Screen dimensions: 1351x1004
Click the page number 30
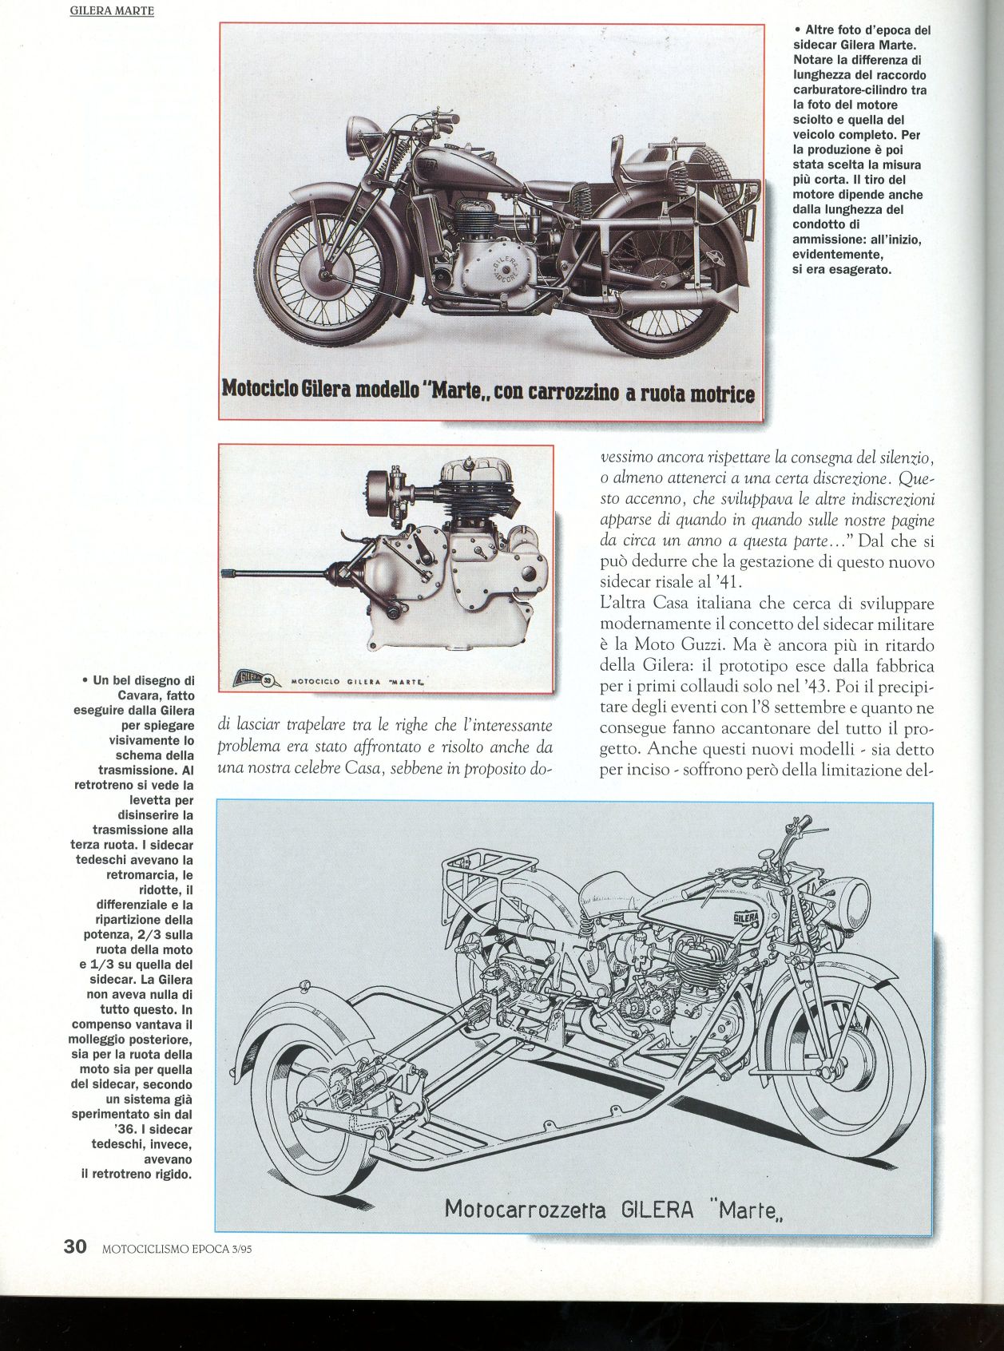tap(75, 1246)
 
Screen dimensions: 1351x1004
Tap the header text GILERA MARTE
tap(111, 12)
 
